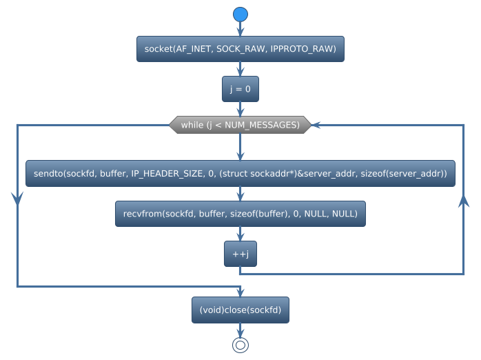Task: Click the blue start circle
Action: click(240, 14)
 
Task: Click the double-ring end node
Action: click(240, 345)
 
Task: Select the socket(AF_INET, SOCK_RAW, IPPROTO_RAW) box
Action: click(240, 49)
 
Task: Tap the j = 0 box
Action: click(240, 89)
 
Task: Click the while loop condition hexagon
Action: click(240, 125)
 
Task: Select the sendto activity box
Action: click(240, 174)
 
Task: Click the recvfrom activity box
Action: click(240, 214)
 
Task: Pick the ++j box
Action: click(240, 254)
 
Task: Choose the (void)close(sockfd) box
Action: click(240, 310)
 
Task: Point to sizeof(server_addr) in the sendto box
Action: click(404, 174)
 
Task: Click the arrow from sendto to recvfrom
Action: click(240, 194)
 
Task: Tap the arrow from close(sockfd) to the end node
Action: click(240, 330)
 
